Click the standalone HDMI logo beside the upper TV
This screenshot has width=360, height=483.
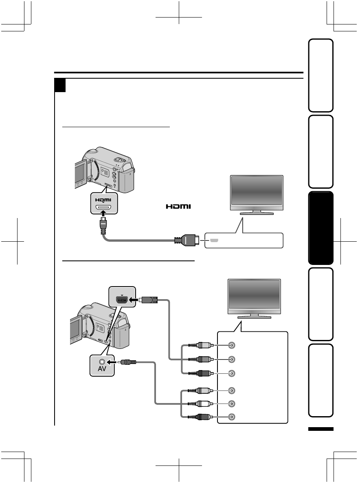coord(178,207)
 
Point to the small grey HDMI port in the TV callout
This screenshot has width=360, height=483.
coord(214,240)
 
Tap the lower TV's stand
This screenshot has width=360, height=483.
coord(254,315)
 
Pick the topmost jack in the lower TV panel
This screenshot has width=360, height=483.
coord(231,345)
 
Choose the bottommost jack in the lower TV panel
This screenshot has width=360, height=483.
coord(231,417)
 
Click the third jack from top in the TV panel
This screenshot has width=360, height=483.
coord(231,373)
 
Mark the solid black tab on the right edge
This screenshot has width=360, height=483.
coord(321,228)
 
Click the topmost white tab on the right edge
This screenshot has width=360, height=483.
coord(321,75)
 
